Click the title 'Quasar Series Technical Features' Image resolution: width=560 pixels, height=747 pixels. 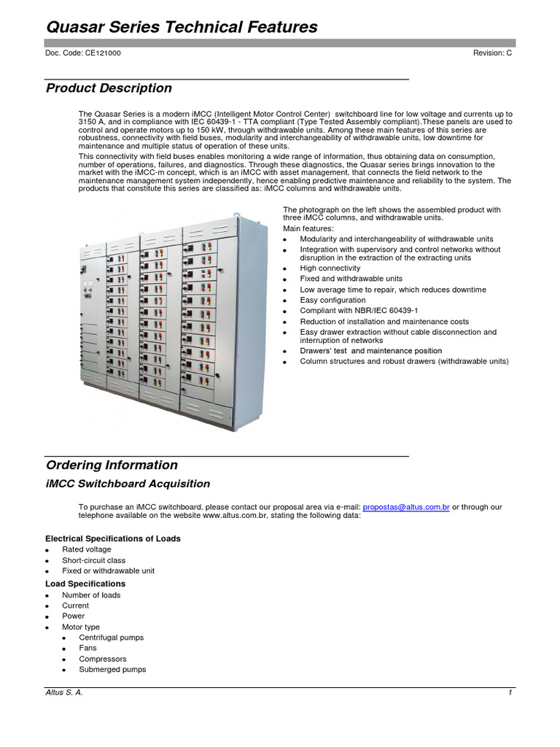(182, 28)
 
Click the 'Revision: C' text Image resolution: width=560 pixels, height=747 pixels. (492, 54)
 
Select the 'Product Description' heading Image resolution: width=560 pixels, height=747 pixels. (109, 88)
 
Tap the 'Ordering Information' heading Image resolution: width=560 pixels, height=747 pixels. (112, 465)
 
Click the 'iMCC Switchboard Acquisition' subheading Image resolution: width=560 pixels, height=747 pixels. (128, 484)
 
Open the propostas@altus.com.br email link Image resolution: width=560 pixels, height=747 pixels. (405, 506)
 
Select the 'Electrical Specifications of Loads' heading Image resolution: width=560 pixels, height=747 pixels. (113, 538)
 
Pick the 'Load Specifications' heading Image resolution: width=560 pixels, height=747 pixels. (85, 584)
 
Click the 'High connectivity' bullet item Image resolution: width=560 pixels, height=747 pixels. (330, 268)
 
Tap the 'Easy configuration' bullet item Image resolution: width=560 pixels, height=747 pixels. (332, 300)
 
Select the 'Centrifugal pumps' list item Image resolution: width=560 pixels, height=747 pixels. (112, 638)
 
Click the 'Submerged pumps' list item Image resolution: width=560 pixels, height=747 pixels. (112, 669)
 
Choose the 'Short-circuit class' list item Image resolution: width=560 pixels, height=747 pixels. (93, 560)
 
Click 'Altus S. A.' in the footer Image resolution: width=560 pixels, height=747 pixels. (64, 693)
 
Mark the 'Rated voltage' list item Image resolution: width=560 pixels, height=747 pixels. (87, 549)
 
